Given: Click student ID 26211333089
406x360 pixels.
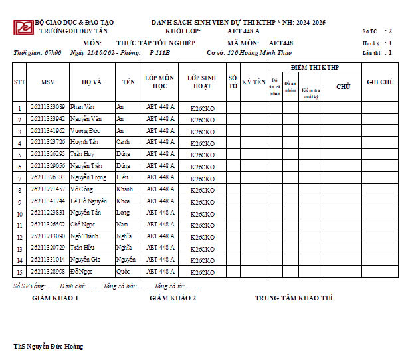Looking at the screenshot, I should click(47, 107).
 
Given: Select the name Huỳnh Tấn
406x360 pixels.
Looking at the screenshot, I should click(83, 142).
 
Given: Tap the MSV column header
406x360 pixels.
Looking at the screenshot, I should click(47, 82).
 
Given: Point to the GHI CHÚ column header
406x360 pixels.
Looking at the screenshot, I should click(380, 82).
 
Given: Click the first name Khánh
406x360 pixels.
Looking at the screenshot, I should click(124, 189).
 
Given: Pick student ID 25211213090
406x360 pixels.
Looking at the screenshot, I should click(47, 236).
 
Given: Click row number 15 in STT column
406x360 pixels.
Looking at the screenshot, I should click(20, 272).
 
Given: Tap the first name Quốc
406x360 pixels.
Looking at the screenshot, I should click(123, 272).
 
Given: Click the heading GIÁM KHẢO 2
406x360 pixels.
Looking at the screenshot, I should click(173, 298).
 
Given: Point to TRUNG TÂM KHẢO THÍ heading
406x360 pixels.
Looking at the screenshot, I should click(294, 298).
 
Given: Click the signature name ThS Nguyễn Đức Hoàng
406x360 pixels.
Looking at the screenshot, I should click(49, 347).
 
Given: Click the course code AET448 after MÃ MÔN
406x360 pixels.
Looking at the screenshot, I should click(281, 43).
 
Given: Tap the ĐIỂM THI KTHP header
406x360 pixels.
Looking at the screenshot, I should click(316, 68).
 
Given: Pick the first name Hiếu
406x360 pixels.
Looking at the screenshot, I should click(123, 177).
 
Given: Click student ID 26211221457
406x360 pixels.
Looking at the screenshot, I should click(47, 189).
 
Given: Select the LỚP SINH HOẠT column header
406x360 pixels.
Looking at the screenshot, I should click(202, 82).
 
